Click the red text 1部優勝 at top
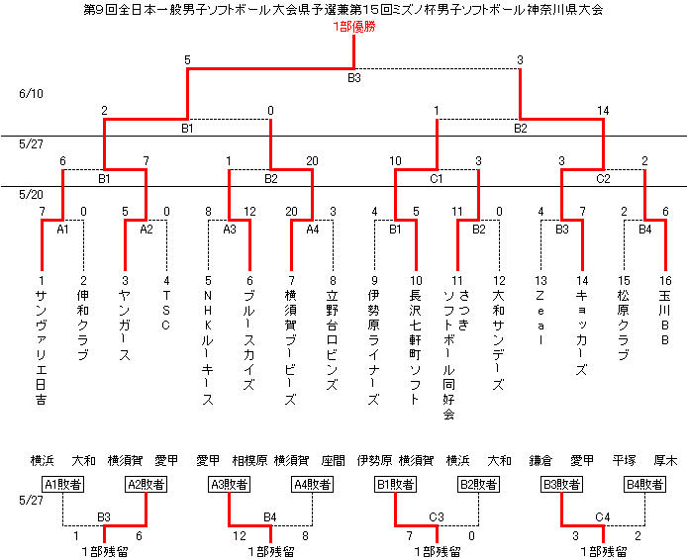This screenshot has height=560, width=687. coord(353,27)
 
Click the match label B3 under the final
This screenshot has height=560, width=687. coord(353,77)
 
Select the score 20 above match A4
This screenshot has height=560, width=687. coord(291,211)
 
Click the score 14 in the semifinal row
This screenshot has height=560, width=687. coord(603,110)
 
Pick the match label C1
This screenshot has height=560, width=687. coord(436,179)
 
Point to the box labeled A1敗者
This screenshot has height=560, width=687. coord(62,484)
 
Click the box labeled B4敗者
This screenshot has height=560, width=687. coord(644,484)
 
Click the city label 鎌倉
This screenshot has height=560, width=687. coord(541,461)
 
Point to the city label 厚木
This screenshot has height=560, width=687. coord(666,461)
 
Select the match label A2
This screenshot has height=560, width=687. coord(146,229)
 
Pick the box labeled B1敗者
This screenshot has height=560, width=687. coord(395,484)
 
